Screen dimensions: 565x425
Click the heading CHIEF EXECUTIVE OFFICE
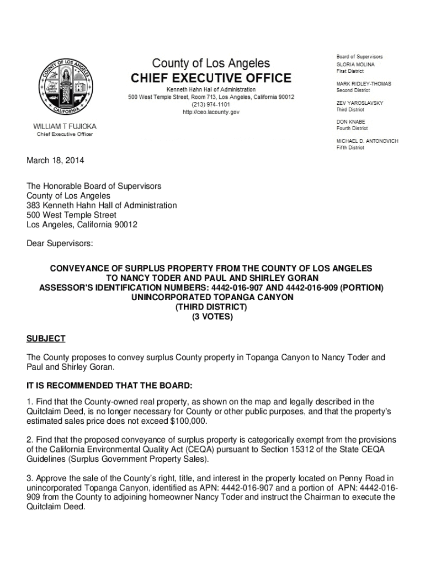(211, 77)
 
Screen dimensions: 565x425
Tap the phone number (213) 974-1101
(211, 104)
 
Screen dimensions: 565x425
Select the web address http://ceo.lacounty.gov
(211, 112)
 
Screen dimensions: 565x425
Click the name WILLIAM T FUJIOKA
(65, 127)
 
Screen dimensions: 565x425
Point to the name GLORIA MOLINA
(355, 65)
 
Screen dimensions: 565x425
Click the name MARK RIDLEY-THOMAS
(364, 84)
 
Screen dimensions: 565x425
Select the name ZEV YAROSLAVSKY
(360, 103)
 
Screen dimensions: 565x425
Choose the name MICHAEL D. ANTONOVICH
(367, 141)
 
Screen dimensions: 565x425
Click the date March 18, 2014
(56, 161)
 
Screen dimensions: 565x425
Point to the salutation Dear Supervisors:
(60, 243)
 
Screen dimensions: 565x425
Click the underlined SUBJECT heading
(46, 338)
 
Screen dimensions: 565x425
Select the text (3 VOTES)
(212, 317)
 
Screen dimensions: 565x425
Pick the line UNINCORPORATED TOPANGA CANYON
(212, 297)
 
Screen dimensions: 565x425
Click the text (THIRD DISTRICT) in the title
(212, 307)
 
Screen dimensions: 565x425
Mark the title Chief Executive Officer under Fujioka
(65, 135)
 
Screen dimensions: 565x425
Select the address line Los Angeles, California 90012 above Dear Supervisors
(82, 225)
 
